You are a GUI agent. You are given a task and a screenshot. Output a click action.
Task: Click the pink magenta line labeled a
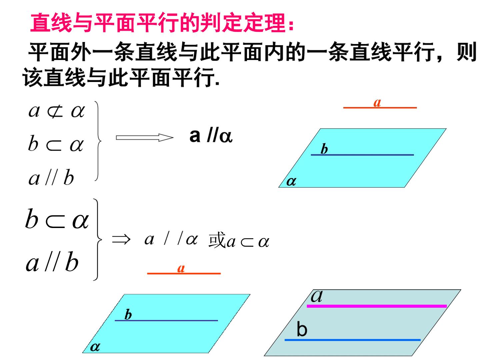pyautogui.click(x=377, y=306)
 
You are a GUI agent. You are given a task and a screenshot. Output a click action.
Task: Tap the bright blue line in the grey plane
pyautogui.click(x=353, y=340)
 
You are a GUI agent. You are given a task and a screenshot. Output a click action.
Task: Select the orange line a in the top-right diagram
pyautogui.click(x=380, y=108)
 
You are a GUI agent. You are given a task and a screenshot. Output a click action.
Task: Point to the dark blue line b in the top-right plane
pyautogui.click(x=362, y=155)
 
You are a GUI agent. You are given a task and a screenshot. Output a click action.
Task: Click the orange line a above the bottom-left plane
pyautogui.click(x=184, y=273)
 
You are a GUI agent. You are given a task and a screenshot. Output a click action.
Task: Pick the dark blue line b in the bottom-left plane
pyautogui.click(x=166, y=320)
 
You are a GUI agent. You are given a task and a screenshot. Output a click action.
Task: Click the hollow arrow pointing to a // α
pyautogui.click(x=145, y=137)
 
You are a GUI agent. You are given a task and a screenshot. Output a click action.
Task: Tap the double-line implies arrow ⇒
pyautogui.click(x=121, y=240)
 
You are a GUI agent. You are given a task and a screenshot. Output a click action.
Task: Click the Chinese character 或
pyautogui.click(x=217, y=240)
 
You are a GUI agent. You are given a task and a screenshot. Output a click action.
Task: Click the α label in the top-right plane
pyautogui.click(x=291, y=181)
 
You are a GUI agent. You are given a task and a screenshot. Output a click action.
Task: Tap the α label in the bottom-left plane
pyautogui.click(x=95, y=347)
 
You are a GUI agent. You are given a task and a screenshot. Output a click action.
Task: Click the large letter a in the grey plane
pyautogui.click(x=316, y=296)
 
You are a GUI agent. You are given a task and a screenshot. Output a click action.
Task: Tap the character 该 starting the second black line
pyautogui.click(x=33, y=77)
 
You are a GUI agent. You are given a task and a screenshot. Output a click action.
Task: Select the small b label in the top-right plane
pyautogui.click(x=324, y=149)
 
